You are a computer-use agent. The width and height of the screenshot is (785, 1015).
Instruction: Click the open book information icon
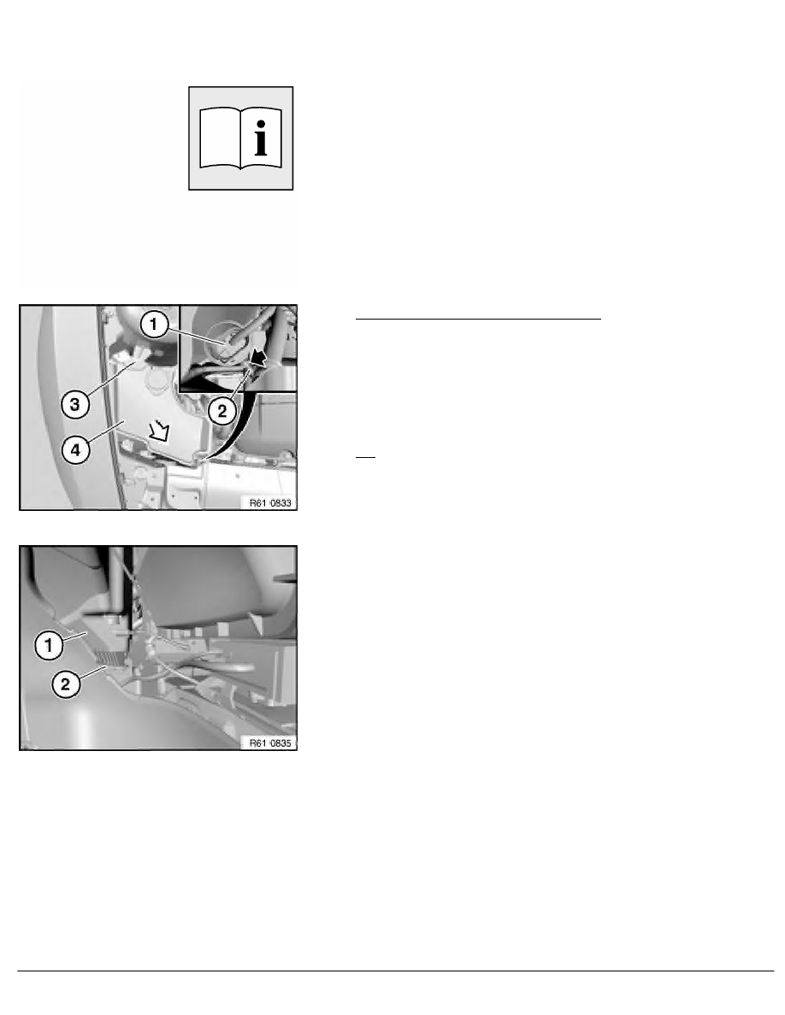coord(240,138)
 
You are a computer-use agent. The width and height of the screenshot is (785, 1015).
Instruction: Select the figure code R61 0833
coord(269,503)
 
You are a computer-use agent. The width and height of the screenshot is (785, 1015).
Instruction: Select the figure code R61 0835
coord(269,743)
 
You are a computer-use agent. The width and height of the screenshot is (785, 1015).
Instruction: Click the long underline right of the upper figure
coord(479,319)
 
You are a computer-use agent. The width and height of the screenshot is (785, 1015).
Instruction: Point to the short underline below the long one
coord(365,457)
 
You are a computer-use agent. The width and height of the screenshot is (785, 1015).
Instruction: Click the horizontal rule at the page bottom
coord(392,971)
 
